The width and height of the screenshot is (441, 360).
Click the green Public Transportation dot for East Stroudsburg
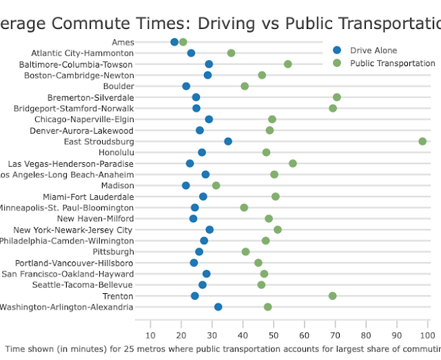pos(422,141)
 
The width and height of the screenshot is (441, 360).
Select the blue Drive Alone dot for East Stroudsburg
pos(228,141)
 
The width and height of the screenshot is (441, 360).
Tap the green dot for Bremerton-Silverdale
pos(337,97)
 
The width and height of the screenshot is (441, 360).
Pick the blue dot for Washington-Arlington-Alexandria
pos(218,307)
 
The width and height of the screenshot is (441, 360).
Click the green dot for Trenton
pos(333,296)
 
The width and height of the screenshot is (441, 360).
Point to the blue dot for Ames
pos(174,42)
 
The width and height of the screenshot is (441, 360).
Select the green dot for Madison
pos(216,186)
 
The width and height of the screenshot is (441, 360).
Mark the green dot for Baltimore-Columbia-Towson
pos(288,64)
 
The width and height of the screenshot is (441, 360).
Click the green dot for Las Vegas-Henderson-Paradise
pos(293,163)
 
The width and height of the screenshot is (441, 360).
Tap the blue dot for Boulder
pos(186,86)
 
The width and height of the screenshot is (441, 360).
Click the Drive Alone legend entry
pos(373,50)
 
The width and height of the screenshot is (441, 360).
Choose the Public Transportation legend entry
pos(392,63)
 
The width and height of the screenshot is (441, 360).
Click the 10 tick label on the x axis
pos(150,335)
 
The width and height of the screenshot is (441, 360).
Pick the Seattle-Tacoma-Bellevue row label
pos(87,285)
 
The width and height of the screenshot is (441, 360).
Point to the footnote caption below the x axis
pos(220,350)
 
